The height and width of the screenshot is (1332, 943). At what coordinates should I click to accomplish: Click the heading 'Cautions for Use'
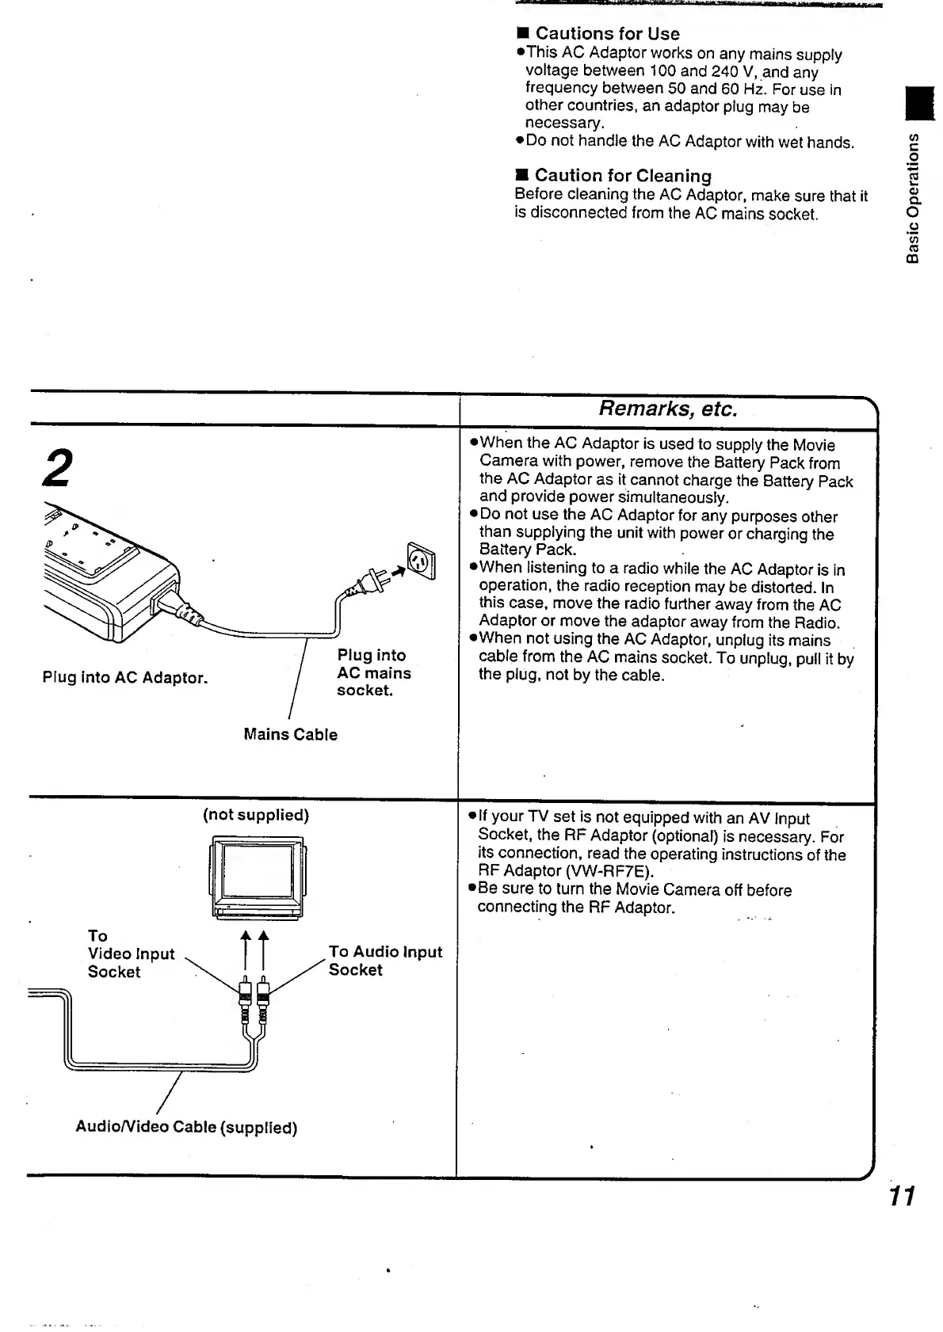[x=607, y=33]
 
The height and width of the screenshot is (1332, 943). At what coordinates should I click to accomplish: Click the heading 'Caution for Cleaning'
[x=622, y=175]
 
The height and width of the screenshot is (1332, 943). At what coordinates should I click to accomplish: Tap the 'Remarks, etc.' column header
[x=667, y=409]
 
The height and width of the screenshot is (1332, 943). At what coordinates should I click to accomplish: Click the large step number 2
[x=59, y=467]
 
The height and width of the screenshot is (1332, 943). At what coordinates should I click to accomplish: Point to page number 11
[x=901, y=1196]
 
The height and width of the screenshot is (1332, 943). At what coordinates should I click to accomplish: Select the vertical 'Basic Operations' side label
[x=913, y=198]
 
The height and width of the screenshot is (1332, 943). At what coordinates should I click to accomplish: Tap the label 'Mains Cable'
[x=290, y=735]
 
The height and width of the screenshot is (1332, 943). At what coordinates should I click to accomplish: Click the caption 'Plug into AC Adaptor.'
[x=124, y=678]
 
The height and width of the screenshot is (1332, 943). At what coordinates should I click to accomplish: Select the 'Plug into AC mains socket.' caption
[x=373, y=673]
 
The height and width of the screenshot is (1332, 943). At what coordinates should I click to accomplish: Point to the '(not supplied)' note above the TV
[x=255, y=815]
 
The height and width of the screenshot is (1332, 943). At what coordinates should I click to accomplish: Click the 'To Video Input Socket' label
[x=131, y=954]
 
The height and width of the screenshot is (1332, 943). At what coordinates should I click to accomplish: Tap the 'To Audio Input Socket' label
[x=385, y=961]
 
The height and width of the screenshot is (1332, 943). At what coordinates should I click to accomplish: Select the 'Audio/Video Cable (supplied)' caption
[x=186, y=1127]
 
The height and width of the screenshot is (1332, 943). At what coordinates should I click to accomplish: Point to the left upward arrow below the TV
[x=246, y=949]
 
